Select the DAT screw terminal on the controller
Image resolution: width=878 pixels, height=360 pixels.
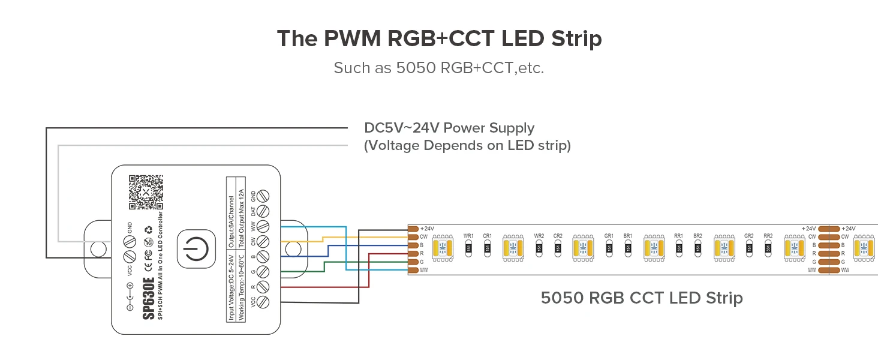262,211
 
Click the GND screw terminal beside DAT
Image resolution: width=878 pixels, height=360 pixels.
262,196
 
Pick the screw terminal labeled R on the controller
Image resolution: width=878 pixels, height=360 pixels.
262,287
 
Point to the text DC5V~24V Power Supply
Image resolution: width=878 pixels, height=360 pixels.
449,128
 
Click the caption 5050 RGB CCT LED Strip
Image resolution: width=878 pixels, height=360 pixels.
642,298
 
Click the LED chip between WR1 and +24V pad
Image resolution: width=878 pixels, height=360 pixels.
441,247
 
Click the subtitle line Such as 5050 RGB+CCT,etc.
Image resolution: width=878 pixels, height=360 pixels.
438,68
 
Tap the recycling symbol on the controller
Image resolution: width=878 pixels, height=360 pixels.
148,229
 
